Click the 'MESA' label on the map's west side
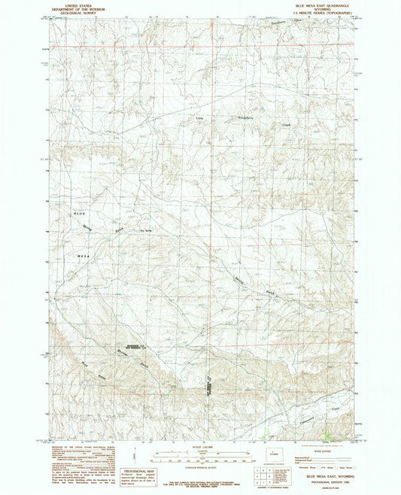84,257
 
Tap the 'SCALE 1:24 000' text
201,450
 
